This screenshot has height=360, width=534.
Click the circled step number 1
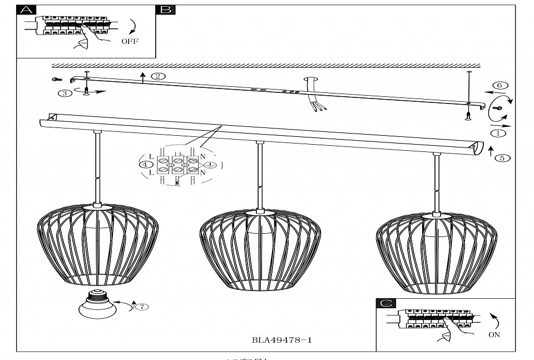click(498, 133)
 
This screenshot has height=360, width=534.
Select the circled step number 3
click(65, 93)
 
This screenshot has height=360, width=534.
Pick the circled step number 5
click(501, 158)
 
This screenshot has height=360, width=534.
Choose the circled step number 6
click(499, 85)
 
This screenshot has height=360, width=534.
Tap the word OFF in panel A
click(130, 42)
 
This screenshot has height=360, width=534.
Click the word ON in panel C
click(494, 335)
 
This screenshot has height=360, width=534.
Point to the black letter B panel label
click(166, 10)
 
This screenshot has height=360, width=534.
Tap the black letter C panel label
click(386, 303)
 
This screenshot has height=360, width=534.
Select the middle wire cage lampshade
click(258, 250)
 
